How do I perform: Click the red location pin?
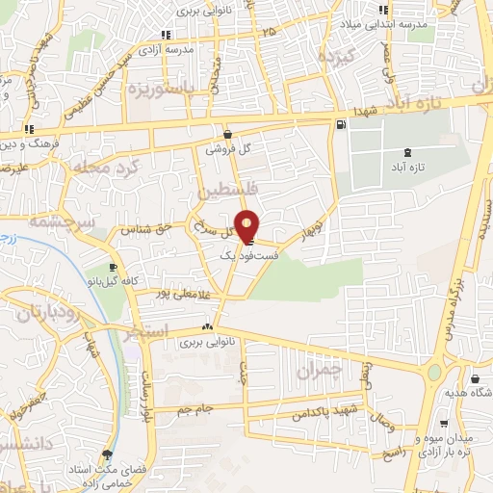247,226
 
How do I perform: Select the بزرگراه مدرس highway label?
456,290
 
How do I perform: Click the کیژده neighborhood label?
338,57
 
